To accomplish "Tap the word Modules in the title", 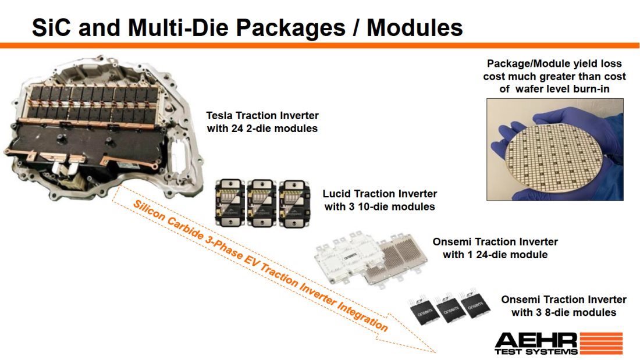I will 415,27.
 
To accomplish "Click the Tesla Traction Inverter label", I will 262,116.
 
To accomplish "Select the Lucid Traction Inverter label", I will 379,194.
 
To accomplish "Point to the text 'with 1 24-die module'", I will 495,254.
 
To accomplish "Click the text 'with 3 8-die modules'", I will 563,312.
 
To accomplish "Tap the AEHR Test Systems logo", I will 558,343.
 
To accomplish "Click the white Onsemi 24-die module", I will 347,259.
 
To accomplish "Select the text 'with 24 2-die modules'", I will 262,129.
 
